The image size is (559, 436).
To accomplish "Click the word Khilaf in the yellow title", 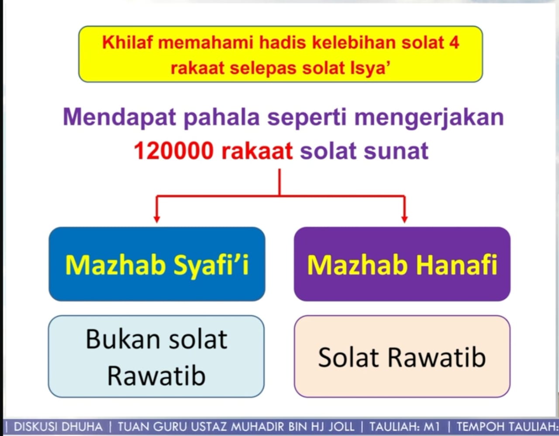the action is pyautogui.click(x=128, y=42).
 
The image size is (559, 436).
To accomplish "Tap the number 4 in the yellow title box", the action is pyautogui.click(x=454, y=42).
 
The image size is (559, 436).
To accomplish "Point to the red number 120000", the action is pyautogui.click(x=174, y=151).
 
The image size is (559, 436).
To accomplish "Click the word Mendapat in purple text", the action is pyautogui.click(x=119, y=118).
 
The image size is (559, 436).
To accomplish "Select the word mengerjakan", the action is pyautogui.click(x=429, y=118).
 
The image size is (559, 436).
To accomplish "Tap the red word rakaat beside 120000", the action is pyautogui.click(x=257, y=151).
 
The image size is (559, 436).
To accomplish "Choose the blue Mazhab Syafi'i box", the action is pyautogui.click(x=157, y=264).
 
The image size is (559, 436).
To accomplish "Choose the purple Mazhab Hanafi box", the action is pyautogui.click(x=402, y=264).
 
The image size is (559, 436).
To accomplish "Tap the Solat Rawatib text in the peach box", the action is pyautogui.click(x=402, y=357).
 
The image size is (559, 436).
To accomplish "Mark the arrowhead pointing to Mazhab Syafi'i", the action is pyautogui.click(x=157, y=219).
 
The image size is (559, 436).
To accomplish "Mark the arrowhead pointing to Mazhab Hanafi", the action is pyautogui.click(x=405, y=219).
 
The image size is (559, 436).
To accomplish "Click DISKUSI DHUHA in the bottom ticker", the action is pyautogui.click(x=58, y=427).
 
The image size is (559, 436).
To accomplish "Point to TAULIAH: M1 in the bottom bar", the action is pyautogui.click(x=405, y=427).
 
